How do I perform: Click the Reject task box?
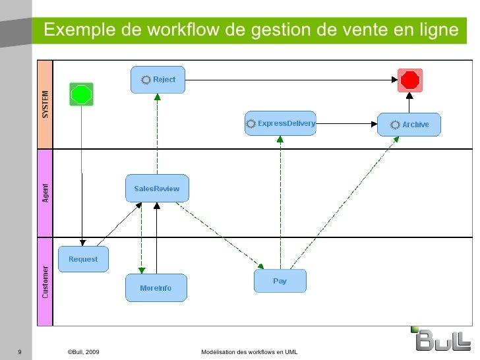[158, 80]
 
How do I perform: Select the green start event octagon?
[81, 95]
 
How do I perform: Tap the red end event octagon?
[409, 80]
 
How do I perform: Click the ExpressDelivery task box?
[280, 123]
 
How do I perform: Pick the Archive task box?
[408, 124]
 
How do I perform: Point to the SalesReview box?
[157, 189]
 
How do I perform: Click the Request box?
[82, 259]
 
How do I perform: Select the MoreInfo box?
[156, 288]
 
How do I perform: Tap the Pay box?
[280, 282]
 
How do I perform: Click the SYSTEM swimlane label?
[45, 104]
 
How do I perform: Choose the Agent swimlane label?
[45, 193]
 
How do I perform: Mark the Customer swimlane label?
[45, 282]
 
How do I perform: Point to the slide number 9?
[20, 353]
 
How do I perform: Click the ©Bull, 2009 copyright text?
[84, 353]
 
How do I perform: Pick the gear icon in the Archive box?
[394, 124]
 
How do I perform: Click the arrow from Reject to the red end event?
[290, 80]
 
